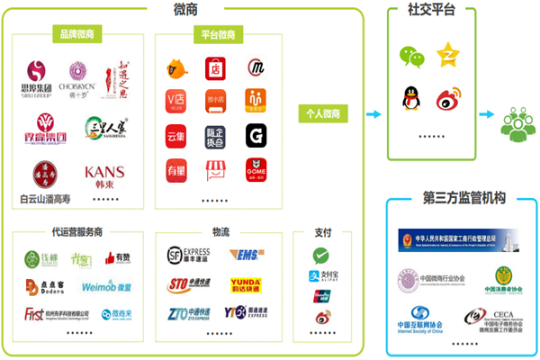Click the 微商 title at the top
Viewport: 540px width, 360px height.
186,9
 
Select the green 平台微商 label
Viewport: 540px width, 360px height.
213,34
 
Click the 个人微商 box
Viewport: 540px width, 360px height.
323,114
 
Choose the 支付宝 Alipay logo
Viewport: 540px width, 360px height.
322,277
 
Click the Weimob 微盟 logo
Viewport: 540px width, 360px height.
108,286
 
